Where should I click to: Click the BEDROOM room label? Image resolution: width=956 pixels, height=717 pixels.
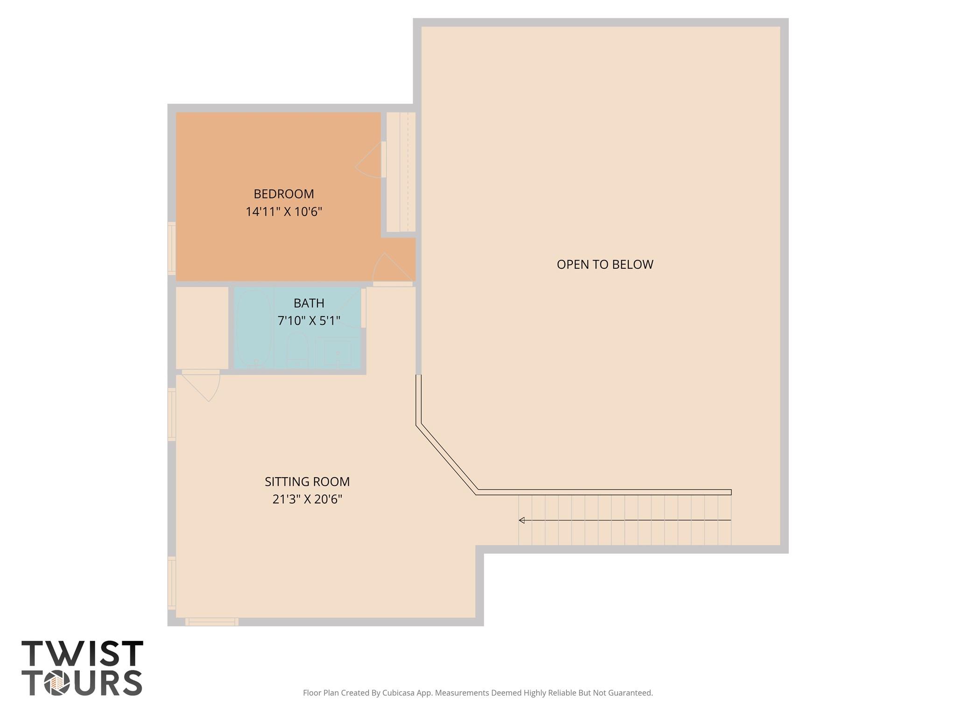(284, 194)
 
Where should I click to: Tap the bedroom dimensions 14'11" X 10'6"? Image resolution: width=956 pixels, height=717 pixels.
(284, 211)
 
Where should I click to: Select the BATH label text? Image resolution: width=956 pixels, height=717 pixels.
(309, 303)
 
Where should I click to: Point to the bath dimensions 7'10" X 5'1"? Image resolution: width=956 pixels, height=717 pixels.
(309, 321)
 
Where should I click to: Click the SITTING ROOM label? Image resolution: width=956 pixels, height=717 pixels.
(307, 481)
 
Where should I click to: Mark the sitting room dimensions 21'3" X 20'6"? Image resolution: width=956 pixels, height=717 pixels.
(307, 499)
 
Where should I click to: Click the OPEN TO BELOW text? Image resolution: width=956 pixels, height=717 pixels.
(605, 264)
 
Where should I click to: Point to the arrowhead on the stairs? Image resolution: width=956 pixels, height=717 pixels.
(522, 520)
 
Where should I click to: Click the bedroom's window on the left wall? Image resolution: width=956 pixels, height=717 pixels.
(172, 248)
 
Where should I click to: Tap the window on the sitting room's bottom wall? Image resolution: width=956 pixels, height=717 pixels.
(212, 622)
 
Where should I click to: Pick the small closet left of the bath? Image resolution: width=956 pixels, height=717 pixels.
(202, 328)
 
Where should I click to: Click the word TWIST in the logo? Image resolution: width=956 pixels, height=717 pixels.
(82, 654)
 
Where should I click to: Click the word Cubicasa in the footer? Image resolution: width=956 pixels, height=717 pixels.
(399, 693)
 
